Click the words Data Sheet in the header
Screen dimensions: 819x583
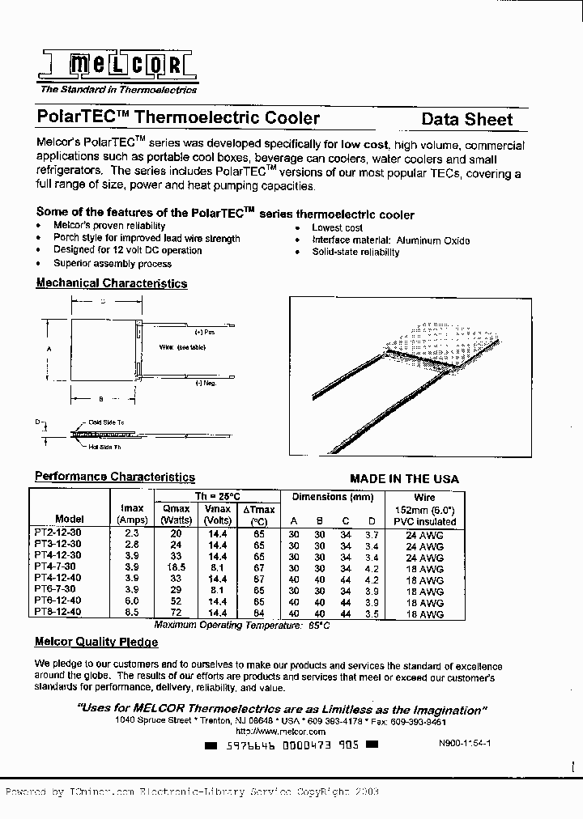pos(467,120)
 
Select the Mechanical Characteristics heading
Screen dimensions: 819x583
pos(112,283)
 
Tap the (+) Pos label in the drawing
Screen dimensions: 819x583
pos(205,333)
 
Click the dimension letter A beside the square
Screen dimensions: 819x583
pos(49,349)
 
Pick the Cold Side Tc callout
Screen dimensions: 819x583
pos(106,422)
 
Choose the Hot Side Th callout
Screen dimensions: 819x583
pos(105,447)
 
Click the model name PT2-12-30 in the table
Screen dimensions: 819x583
pos(57,533)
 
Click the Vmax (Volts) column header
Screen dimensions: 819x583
pos(217,515)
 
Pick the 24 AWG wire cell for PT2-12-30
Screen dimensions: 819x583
pos(425,535)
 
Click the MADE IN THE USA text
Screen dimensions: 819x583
pos(404,479)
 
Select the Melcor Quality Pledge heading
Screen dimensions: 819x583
pos(96,642)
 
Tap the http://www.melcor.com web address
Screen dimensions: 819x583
pos(280,731)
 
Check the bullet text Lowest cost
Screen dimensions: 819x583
pos(338,227)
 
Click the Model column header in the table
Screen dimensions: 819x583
pos(70,519)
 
